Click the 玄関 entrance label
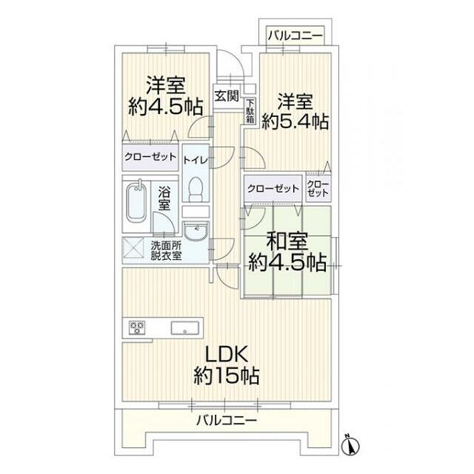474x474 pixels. [x=227, y=95]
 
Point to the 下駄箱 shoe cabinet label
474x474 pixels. [x=250, y=111]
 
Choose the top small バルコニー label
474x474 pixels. [x=294, y=34]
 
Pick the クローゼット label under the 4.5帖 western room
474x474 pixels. [x=150, y=157]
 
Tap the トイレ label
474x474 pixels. [x=196, y=159]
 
